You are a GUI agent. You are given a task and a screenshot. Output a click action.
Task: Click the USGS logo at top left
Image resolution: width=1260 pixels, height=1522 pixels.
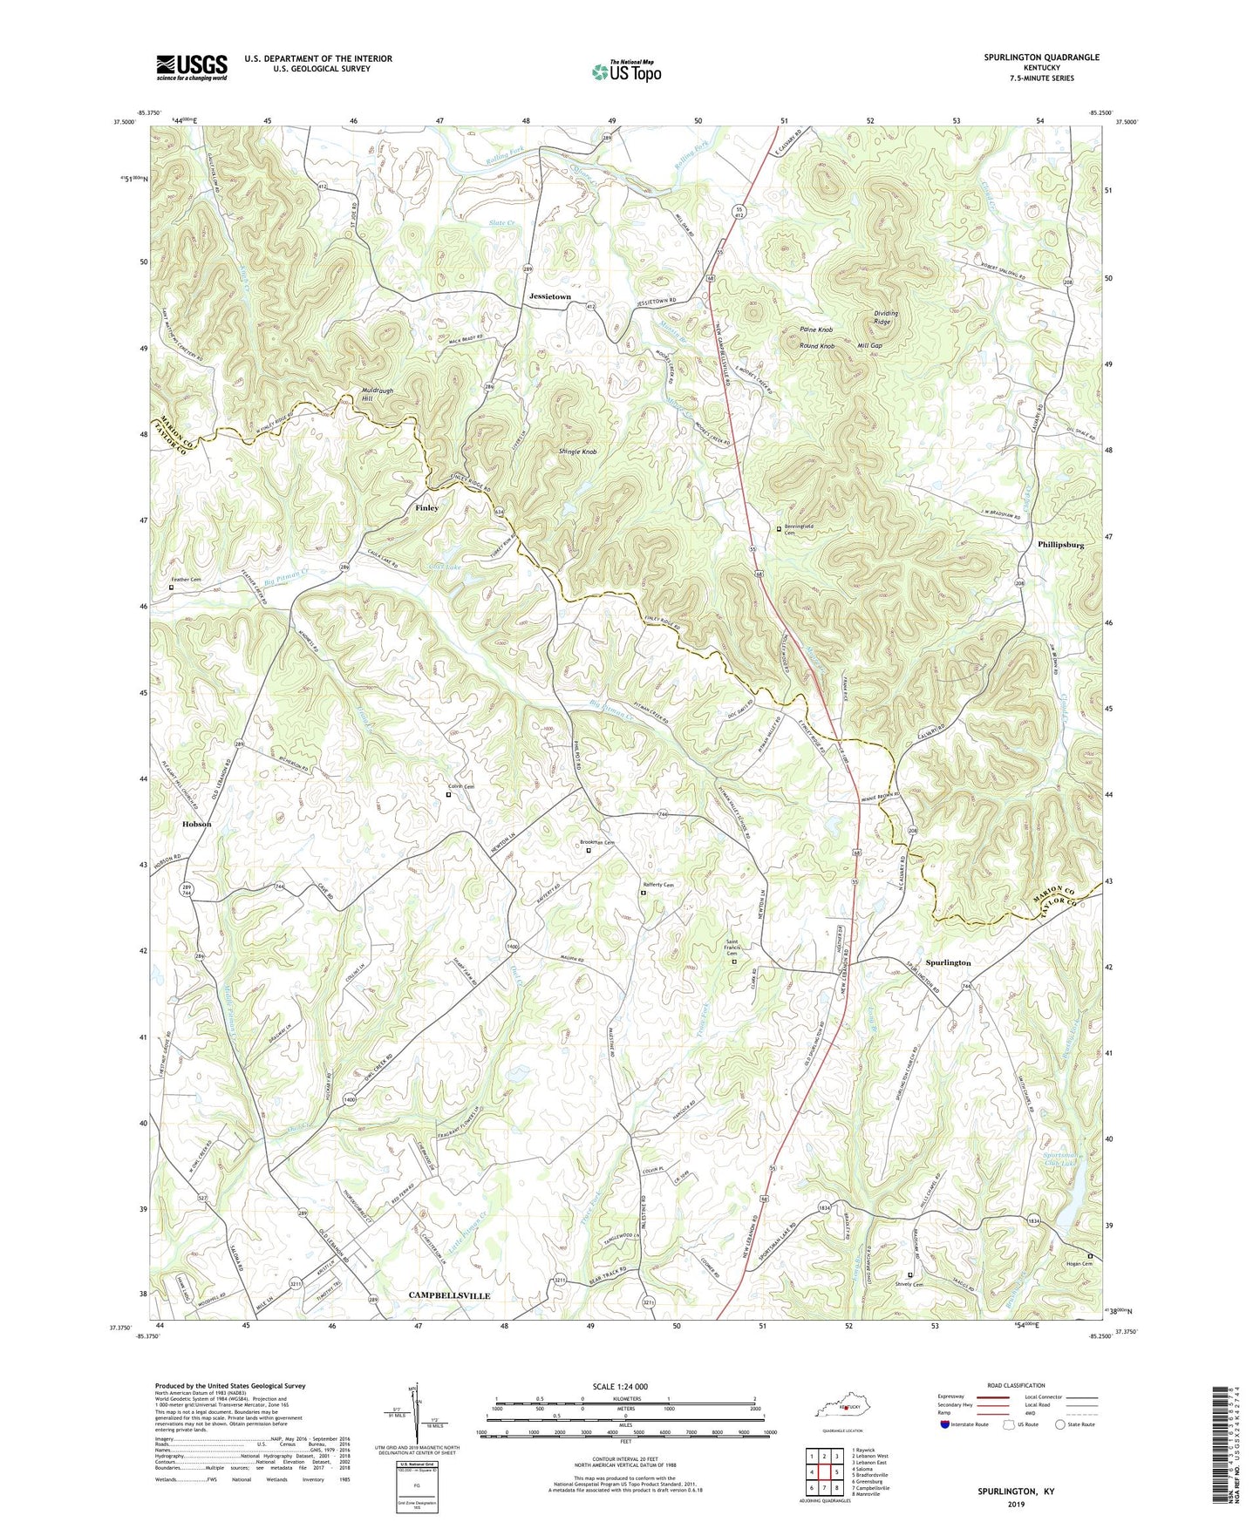(x=192, y=67)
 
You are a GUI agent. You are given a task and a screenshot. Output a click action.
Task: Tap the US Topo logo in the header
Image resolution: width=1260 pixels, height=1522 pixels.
(x=625, y=71)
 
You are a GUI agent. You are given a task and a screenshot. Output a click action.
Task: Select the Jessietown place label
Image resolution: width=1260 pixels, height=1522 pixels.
(x=549, y=297)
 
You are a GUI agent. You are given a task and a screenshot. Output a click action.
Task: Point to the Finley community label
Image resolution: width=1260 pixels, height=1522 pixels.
(x=426, y=507)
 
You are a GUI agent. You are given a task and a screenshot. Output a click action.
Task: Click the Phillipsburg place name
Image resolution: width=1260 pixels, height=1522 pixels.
(x=1060, y=544)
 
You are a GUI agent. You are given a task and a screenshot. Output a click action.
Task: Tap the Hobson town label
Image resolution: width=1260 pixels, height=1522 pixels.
(x=196, y=824)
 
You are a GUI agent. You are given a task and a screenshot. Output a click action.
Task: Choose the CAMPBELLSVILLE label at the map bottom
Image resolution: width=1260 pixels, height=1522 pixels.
(x=449, y=1295)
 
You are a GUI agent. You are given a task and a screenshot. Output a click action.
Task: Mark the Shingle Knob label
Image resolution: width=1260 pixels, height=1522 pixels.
(x=577, y=452)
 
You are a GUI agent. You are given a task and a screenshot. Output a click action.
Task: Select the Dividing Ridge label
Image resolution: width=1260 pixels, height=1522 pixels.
(x=886, y=317)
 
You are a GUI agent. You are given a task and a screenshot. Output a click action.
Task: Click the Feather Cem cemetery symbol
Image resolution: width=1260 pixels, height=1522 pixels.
(x=171, y=587)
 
